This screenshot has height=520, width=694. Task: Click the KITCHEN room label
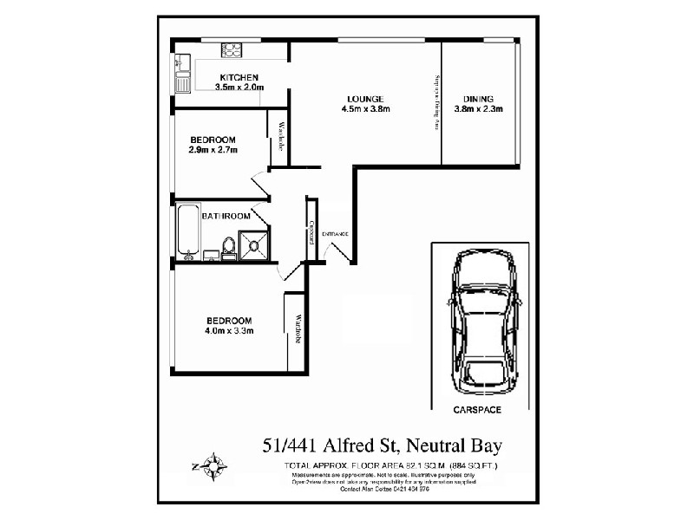239,77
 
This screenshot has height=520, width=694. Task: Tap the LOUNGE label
365,99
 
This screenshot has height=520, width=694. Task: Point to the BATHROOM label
226,216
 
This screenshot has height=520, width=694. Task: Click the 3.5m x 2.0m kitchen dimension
239,88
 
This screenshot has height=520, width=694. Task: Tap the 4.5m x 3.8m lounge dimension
365,109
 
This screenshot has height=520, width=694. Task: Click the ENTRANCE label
335,235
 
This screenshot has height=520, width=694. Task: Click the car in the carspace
483,322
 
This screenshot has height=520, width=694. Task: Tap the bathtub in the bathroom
188,231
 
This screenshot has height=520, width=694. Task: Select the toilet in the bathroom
229,248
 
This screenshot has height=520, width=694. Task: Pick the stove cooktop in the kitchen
232,49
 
